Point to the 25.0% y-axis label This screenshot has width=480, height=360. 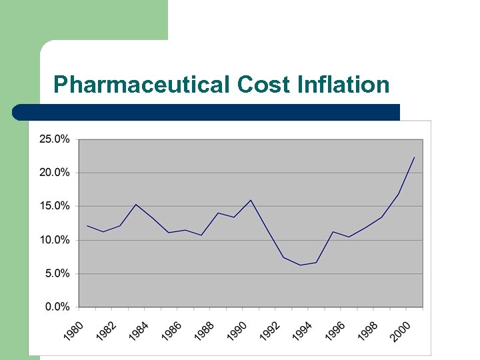54,139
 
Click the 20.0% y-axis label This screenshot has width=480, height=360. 54,173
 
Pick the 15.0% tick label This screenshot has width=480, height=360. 54,206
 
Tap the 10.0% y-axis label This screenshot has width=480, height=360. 54,240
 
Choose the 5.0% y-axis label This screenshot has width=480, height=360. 57,273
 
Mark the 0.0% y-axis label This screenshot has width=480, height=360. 57,307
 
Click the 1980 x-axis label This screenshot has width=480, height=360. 75,330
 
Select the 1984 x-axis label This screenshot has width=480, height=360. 140,330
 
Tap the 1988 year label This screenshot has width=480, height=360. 205,330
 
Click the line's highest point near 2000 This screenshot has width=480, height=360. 415,157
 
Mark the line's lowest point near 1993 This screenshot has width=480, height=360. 300,265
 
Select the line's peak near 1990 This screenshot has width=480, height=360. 251,200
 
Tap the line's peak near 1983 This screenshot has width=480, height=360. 136,205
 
